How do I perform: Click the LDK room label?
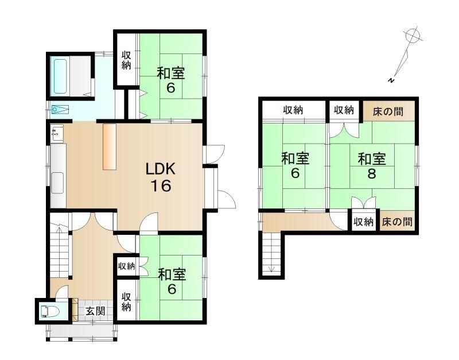click(161, 169)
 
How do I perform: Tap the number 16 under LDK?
click(161, 185)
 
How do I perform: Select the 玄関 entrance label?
click(95, 311)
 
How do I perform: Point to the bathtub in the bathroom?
click(60, 76)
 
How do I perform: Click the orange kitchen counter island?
click(110, 146)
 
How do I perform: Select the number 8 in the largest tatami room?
click(372, 174)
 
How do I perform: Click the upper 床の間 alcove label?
click(388, 111)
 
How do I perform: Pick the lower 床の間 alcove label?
click(397, 222)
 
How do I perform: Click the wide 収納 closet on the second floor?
click(293, 110)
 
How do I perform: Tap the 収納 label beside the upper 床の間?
click(344, 110)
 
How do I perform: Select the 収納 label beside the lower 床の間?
click(363, 222)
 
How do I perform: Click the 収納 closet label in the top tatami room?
click(126, 60)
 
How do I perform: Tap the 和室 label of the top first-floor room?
click(171, 73)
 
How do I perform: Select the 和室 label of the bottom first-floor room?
click(172, 275)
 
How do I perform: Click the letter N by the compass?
click(391, 80)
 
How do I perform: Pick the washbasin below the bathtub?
click(60, 110)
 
